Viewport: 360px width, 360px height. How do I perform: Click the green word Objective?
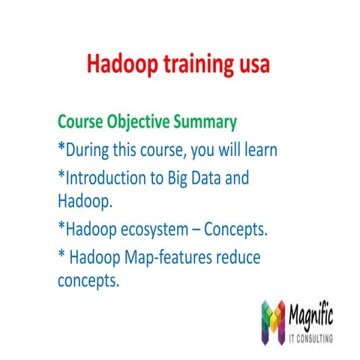[142, 121]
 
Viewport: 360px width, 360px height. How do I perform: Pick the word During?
[91, 150]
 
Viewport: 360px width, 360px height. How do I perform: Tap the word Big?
[189, 179]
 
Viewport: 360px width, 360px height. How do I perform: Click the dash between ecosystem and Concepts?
[198, 229]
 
